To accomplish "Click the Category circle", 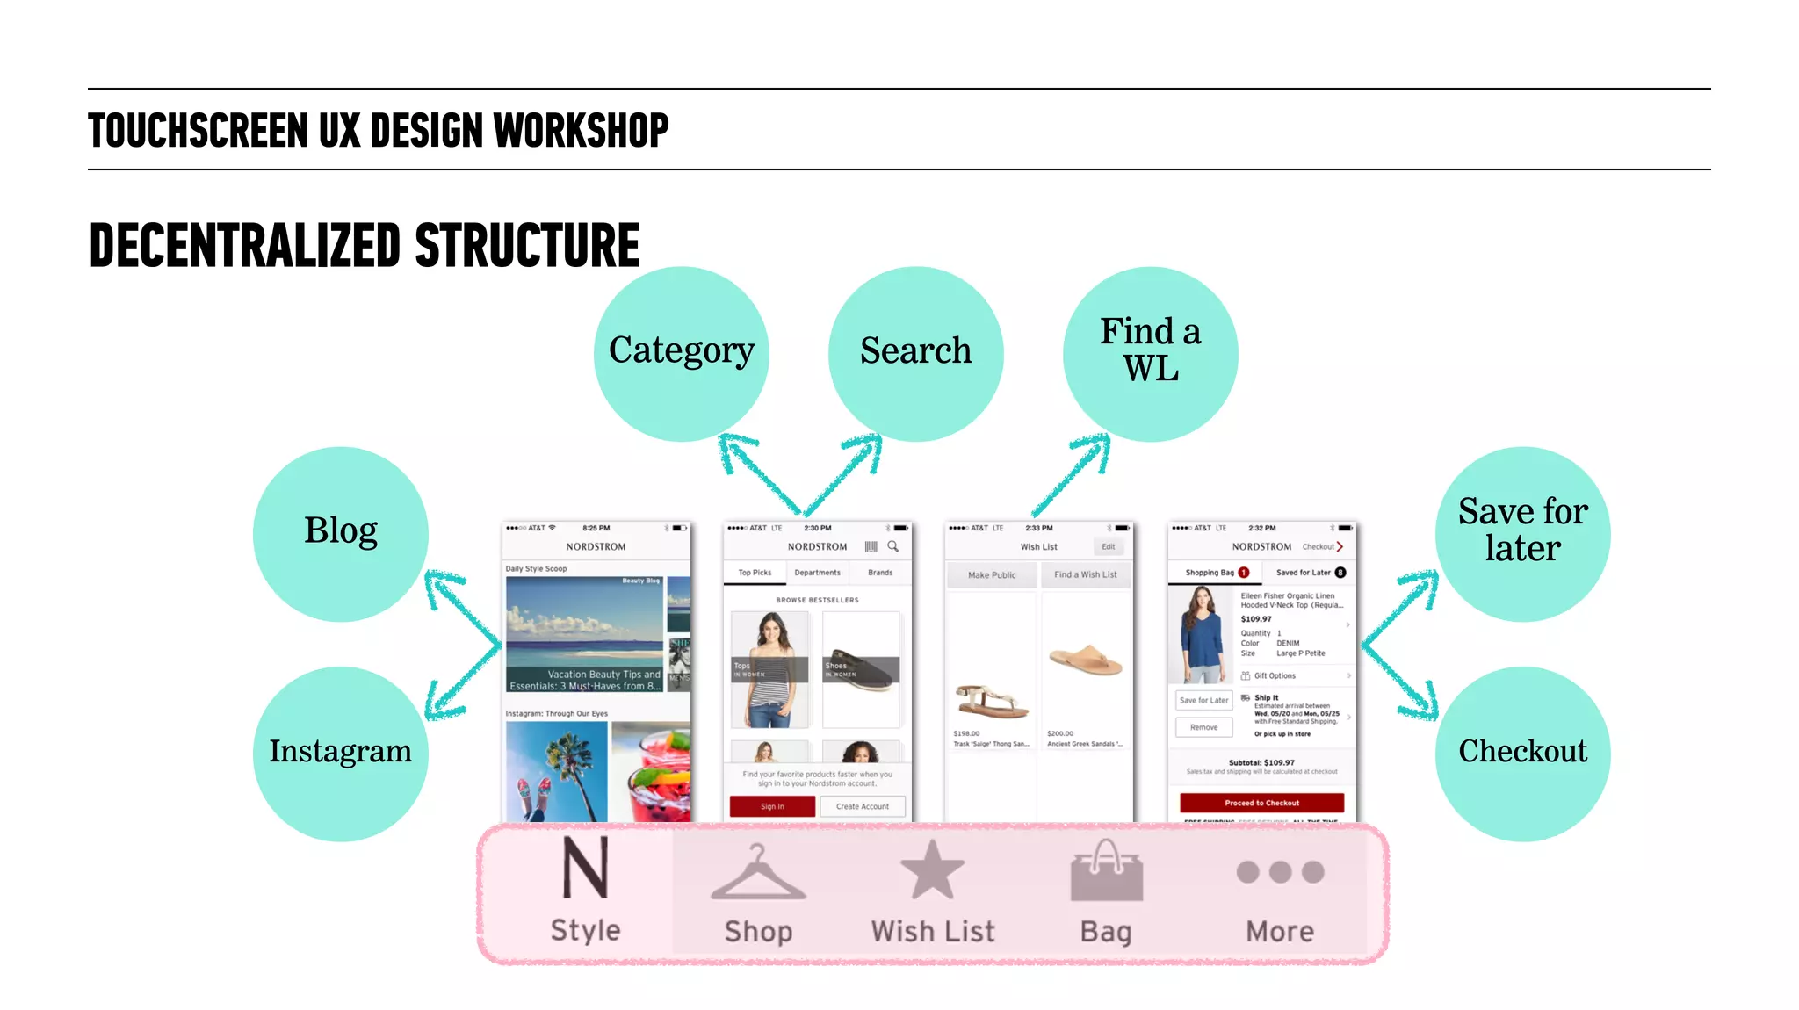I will click(x=681, y=353).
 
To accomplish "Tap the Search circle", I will click(x=915, y=353).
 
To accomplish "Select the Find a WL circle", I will click(x=1150, y=353).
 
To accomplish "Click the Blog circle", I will click(x=341, y=533).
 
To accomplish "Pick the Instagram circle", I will click(x=341, y=753).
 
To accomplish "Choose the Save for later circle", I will click(x=1522, y=533).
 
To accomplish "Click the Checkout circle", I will click(x=1522, y=753).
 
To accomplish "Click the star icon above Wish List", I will click(x=932, y=869).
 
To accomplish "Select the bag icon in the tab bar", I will click(x=1106, y=870).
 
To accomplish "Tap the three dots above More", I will click(x=1280, y=872).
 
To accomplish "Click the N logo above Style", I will click(x=585, y=868).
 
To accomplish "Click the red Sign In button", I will click(x=772, y=806).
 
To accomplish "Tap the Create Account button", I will click(x=862, y=806).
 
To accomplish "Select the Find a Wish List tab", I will click(x=1086, y=574).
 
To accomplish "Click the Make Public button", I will click(x=992, y=574).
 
